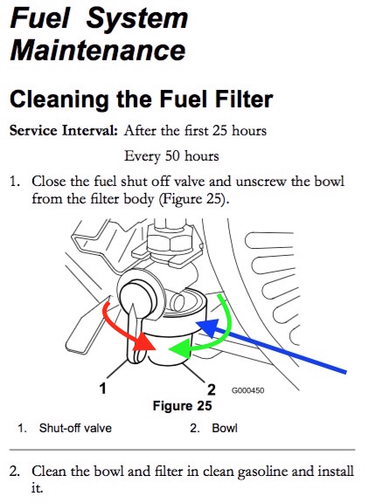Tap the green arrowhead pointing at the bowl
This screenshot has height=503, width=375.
point(179,349)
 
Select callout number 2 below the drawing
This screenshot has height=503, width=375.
point(211,388)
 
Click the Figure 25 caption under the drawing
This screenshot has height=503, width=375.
point(182,406)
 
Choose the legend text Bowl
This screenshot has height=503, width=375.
point(224,429)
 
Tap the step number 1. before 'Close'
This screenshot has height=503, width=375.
point(15,182)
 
